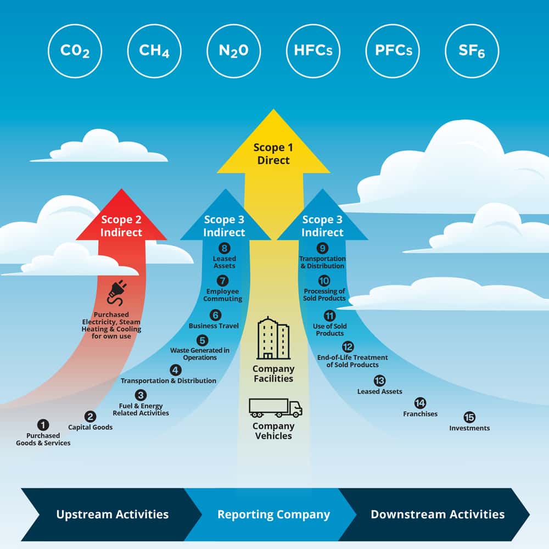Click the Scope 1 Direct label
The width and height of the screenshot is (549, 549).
pos(273,154)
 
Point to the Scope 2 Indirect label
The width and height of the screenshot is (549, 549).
pos(121,226)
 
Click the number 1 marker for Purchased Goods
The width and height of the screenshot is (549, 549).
pos(43,425)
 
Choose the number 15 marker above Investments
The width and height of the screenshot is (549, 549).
pos(469,417)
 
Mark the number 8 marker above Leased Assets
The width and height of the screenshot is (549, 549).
pos(224,248)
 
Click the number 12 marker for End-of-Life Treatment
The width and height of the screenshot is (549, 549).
pos(348,347)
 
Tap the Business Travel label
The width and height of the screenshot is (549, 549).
pos(214,326)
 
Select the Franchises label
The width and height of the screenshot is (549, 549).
pos(420,414)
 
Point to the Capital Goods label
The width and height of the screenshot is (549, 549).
pos(90,427)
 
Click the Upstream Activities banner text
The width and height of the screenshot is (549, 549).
pos(112,514)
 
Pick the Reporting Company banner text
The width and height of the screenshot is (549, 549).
pos(273,514)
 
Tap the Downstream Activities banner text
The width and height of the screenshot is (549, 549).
pos(438,514)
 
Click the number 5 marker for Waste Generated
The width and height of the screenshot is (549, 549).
pos(203,340)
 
